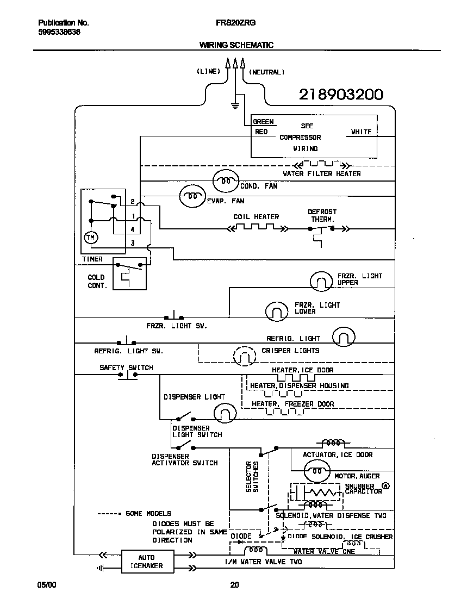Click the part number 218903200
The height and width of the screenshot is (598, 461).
(x=341, y=95)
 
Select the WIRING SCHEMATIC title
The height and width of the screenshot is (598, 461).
(x=236, y=45)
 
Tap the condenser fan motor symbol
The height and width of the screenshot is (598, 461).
(x=225, y=181)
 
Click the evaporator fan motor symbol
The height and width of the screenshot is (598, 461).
(x=192, y=196)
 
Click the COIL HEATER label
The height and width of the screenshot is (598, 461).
(x=256, y=216)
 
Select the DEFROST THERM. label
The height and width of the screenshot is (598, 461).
(x=322, y=215)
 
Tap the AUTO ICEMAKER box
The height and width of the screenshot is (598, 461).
(x=146, y=562)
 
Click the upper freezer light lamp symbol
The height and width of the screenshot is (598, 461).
(x=321, y=281)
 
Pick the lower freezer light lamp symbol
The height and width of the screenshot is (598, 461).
(x=277, y=310)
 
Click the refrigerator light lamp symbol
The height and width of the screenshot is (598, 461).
(x=343, y=337)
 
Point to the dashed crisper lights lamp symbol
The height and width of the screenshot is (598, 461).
(x=244, y=356)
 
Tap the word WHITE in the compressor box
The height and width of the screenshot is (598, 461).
(x=361, y=132)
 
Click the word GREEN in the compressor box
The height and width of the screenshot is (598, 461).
(x=263, y=122)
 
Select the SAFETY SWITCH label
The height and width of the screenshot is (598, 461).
(x=126, y=367)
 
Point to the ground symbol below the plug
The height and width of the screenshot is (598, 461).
(x=235, y=105)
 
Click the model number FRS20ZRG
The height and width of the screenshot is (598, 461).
(x=236, y=23)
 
